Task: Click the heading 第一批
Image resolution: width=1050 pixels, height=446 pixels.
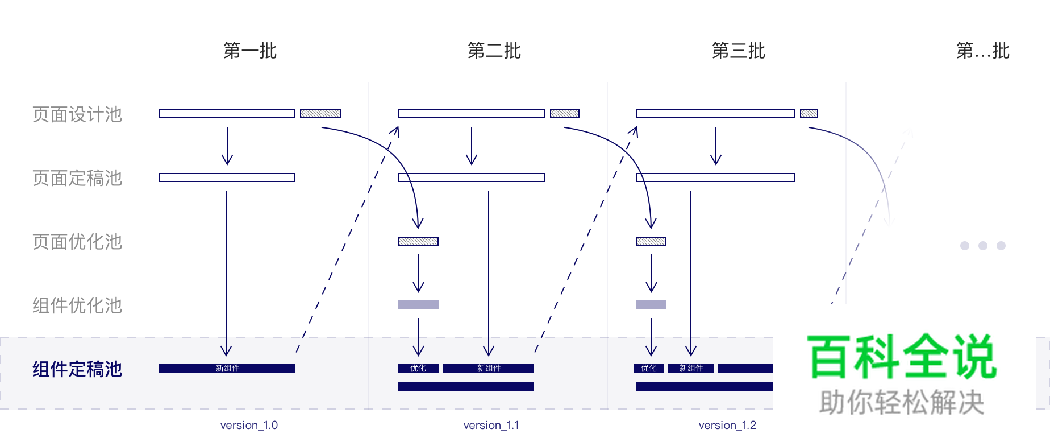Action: (x=249, y=51)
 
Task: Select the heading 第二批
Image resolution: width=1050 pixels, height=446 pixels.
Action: (x=494, y=51)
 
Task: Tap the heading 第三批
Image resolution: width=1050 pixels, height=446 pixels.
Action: (x=738, y=51)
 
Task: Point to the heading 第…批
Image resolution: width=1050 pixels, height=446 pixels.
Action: (x=982, y=51)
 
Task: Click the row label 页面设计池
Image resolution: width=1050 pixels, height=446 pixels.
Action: (x=77, y=114)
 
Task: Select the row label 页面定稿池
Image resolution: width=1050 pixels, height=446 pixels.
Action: (x=77, y=178)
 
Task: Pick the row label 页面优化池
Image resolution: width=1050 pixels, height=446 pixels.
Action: (x=77, y=242)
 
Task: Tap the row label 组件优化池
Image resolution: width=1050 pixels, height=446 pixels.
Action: (x=77, y=305)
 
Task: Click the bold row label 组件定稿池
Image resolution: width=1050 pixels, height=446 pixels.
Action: (x=77, y=369)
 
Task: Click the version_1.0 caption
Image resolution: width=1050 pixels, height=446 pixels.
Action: (x=249, y=425)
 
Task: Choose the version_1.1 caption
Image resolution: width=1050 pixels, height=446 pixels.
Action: (x=491, y=425)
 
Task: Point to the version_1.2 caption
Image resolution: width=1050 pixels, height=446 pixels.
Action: (x=727, y=425)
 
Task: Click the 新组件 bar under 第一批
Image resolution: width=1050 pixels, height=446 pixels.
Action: (x=227, y=369)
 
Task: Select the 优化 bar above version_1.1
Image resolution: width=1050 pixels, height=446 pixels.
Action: (x=418, y=369)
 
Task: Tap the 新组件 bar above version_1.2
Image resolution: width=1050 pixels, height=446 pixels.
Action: (x=691, y=369)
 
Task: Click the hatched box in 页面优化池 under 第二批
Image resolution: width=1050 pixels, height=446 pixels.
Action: (x=418, y=241)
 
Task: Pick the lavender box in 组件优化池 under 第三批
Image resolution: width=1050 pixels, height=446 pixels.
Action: (x=651, y=305)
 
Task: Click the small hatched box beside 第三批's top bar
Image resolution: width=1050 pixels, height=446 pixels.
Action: (x=809, y=114)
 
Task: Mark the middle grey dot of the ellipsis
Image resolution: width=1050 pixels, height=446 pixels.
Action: (x=983, y=246)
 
